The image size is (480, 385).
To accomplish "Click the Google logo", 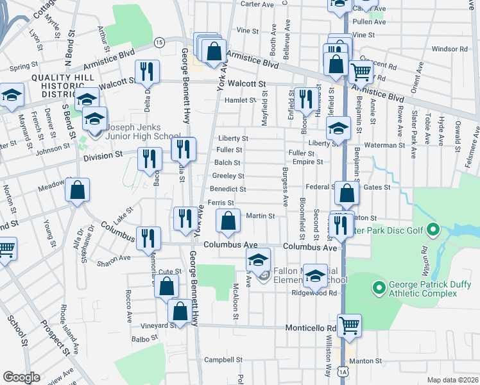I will click(x=21, y=377).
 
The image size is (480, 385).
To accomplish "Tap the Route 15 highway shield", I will click(x=159, y=42).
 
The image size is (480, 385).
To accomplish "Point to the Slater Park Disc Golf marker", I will click(x=433, y=229).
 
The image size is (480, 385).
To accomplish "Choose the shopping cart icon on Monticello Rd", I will click(x=349, y=325).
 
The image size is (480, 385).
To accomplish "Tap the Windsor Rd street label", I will click(x=450, y=49).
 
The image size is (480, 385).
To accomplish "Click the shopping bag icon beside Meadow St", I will click(x=77, y=191).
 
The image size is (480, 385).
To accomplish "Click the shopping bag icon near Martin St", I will click(x=228, y=221).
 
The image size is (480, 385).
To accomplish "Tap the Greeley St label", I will click(x=228, y=176).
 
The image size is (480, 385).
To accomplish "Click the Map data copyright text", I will click(x=452, y=380).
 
